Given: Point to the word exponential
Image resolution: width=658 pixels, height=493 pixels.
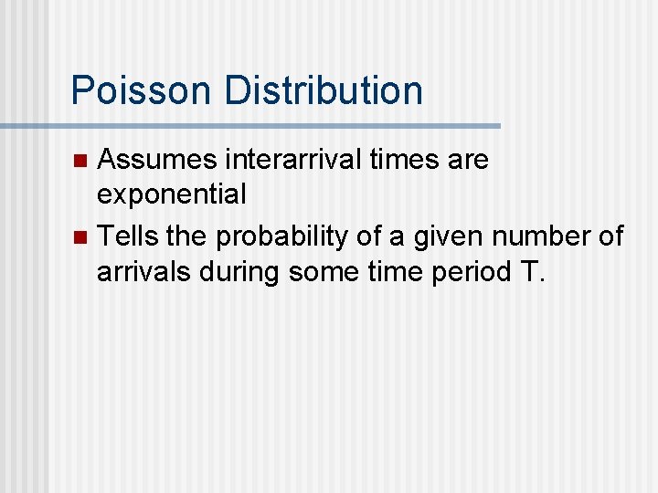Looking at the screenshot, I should (172, 194).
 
